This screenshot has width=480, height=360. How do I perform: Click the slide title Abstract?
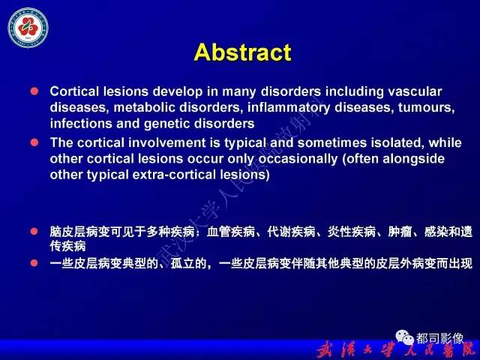pos(241,52)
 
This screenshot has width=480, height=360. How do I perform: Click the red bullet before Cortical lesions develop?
pos(33,91)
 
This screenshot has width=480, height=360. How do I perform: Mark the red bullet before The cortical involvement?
pos(33,142)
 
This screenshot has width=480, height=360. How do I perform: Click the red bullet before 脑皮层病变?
pos(33,231)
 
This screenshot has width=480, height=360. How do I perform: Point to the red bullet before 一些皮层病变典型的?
pos(33,262)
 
